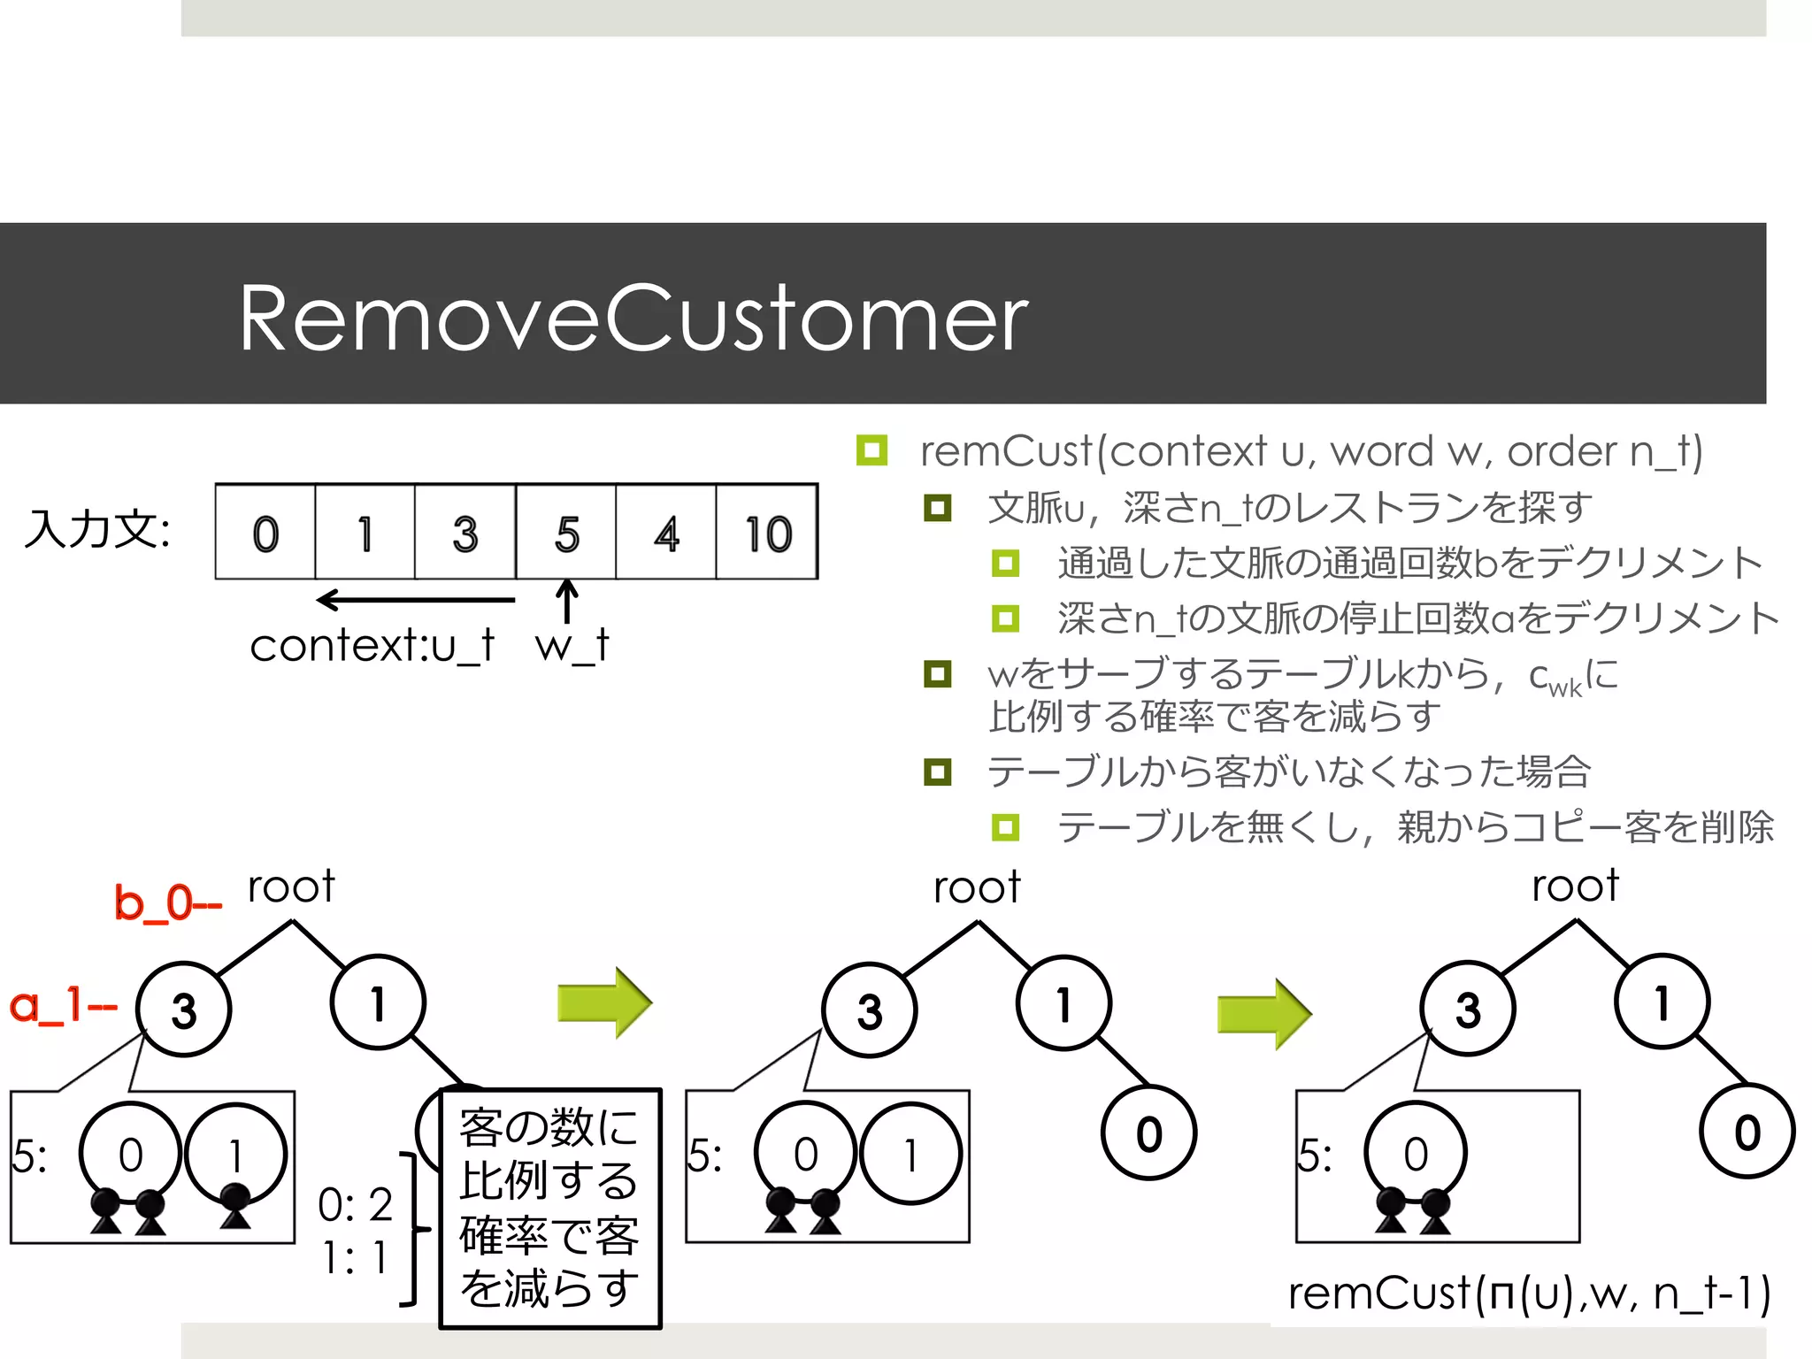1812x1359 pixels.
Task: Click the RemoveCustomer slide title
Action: pyautogui.click(x=633, y=319)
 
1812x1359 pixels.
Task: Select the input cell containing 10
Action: pyautogui.click(x=767, y=534)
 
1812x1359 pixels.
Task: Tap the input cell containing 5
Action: pyautogui.click(x=566, y=534)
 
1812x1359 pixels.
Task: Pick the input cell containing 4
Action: pyautogui.click(x=666, y=534)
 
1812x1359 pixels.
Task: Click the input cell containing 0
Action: pyautogui.click(x=265, y=534)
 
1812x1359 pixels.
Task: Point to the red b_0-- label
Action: pyautogui.click(x=167, y=903)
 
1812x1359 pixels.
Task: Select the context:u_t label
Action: pyautogui.click(x=372, y=645)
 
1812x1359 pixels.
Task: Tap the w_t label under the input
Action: pyautogui.click(x=572, y=645)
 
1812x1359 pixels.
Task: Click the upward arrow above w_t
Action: pyautogui.click(x=567, y=601)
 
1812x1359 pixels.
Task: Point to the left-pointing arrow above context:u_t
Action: pyautogui.click(x=415, y=600)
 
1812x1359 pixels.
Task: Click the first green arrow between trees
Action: pyautogui.click(x=604, y=1003)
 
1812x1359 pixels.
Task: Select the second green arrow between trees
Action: pyautogui.click(x=1264, y=1014)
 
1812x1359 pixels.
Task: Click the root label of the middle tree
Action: pyautogui.click(x=977, y=887)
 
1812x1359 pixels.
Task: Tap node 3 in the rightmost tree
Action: pyautogui.click(x=1467, y=1009)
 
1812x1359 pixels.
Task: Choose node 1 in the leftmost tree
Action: pyautogui.click(x=378, y=1003)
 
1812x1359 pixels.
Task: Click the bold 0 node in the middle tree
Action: pyautogui.click(x=1148, y=1133)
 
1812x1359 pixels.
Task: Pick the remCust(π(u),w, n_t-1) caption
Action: pyautogui.click(x=1528, y=1294)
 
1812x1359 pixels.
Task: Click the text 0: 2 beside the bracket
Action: pyautogui.click(x=355, y=1204)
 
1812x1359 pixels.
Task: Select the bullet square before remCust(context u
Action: pyautogui.click(x=871, y=450)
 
